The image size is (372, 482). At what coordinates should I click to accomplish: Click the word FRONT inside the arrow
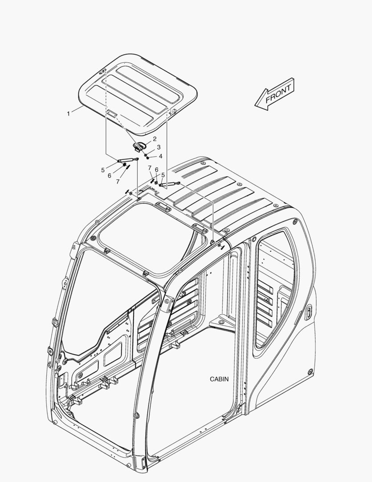(x=278, y=93)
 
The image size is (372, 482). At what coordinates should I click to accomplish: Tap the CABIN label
(x=219, y=379)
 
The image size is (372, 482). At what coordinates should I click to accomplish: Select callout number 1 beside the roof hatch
(x=69, y=114)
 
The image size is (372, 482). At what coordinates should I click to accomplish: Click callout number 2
(x=155, y=139)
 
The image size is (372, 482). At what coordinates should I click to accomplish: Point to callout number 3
(x=159, y=147)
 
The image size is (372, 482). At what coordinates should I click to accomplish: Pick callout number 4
(x=160, y=157)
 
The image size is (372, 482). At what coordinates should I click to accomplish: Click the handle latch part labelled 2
(x=139, y=145)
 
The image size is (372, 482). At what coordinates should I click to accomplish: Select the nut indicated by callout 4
(x=147, y=158)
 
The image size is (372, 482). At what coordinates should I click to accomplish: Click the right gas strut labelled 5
(x=169, y=184)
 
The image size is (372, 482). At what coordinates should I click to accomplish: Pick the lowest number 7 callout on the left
(x=118, y=182)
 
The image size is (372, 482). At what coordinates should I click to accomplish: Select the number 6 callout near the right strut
(x=156, y=170)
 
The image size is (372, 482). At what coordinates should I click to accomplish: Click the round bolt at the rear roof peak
(x=202, y=163)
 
